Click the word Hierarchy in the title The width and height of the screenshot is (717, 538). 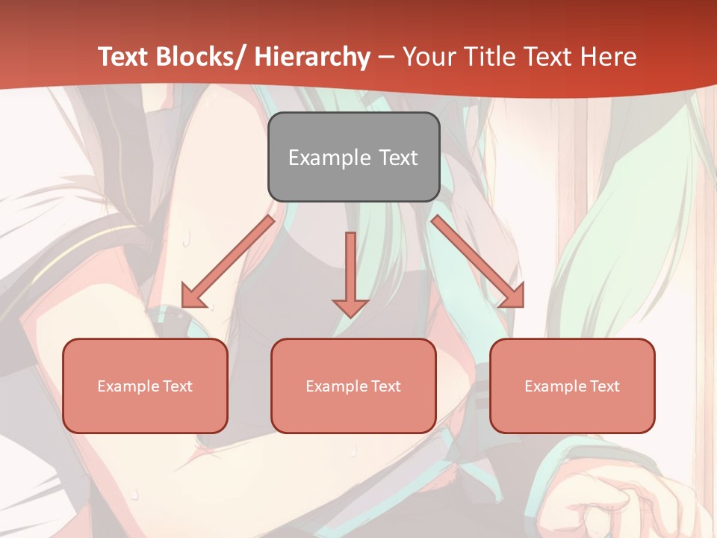point(312,57)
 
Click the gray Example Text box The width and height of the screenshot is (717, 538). point(353,158)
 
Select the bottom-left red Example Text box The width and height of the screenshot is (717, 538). point(145,386)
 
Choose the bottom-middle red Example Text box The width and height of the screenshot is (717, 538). point(353,386)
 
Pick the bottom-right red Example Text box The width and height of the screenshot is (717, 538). point(572,386)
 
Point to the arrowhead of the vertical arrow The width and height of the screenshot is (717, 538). point(350,307)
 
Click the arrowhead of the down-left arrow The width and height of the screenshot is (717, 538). point(192,297)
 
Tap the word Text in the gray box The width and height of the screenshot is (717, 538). point(397,158)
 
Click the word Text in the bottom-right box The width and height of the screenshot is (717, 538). point(605,386)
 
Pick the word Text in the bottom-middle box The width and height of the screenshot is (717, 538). point(386,386)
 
